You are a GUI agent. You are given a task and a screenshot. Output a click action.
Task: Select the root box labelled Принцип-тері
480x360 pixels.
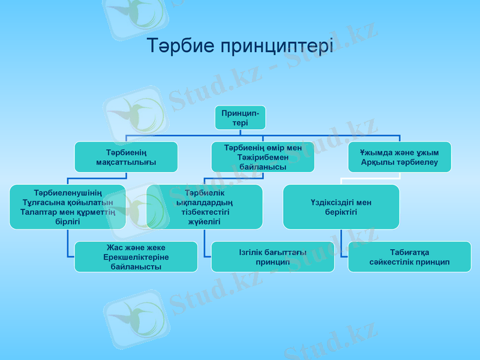(x=240, y=118)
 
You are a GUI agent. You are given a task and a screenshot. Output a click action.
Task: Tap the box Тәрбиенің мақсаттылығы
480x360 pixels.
(x=126, y=157)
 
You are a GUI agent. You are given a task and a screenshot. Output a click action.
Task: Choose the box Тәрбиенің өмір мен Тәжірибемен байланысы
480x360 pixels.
(x=263, y=157)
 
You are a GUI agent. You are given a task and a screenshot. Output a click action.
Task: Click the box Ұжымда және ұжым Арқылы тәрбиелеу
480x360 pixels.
(x=400, y=157)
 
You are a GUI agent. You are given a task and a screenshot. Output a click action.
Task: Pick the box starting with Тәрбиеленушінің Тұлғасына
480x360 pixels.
(x=67, y=207)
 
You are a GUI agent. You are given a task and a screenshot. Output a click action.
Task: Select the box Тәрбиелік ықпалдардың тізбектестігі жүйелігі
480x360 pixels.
(x=205, y=207)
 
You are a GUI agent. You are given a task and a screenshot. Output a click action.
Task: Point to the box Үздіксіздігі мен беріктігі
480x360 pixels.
(x=341, y=207)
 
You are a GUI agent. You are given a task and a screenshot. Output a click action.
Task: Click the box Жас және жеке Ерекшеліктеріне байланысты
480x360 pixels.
(x=136, y=257)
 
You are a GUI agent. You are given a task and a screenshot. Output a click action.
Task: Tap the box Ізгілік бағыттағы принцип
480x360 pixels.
(x=272, y=257)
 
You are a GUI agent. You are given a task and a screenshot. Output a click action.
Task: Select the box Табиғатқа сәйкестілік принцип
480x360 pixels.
(x=409, y=257)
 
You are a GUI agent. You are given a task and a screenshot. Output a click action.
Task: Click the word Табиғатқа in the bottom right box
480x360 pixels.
(x=409, y=252)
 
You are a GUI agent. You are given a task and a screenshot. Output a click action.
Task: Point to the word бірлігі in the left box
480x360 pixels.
(x=67, y=221)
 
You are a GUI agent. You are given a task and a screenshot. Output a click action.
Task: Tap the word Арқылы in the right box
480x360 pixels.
(x=378, y=162)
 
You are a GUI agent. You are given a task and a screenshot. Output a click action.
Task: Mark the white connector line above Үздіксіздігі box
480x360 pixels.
(x=369, y=178)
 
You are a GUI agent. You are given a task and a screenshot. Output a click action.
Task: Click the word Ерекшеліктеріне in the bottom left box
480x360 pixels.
(x=136, y=257)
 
